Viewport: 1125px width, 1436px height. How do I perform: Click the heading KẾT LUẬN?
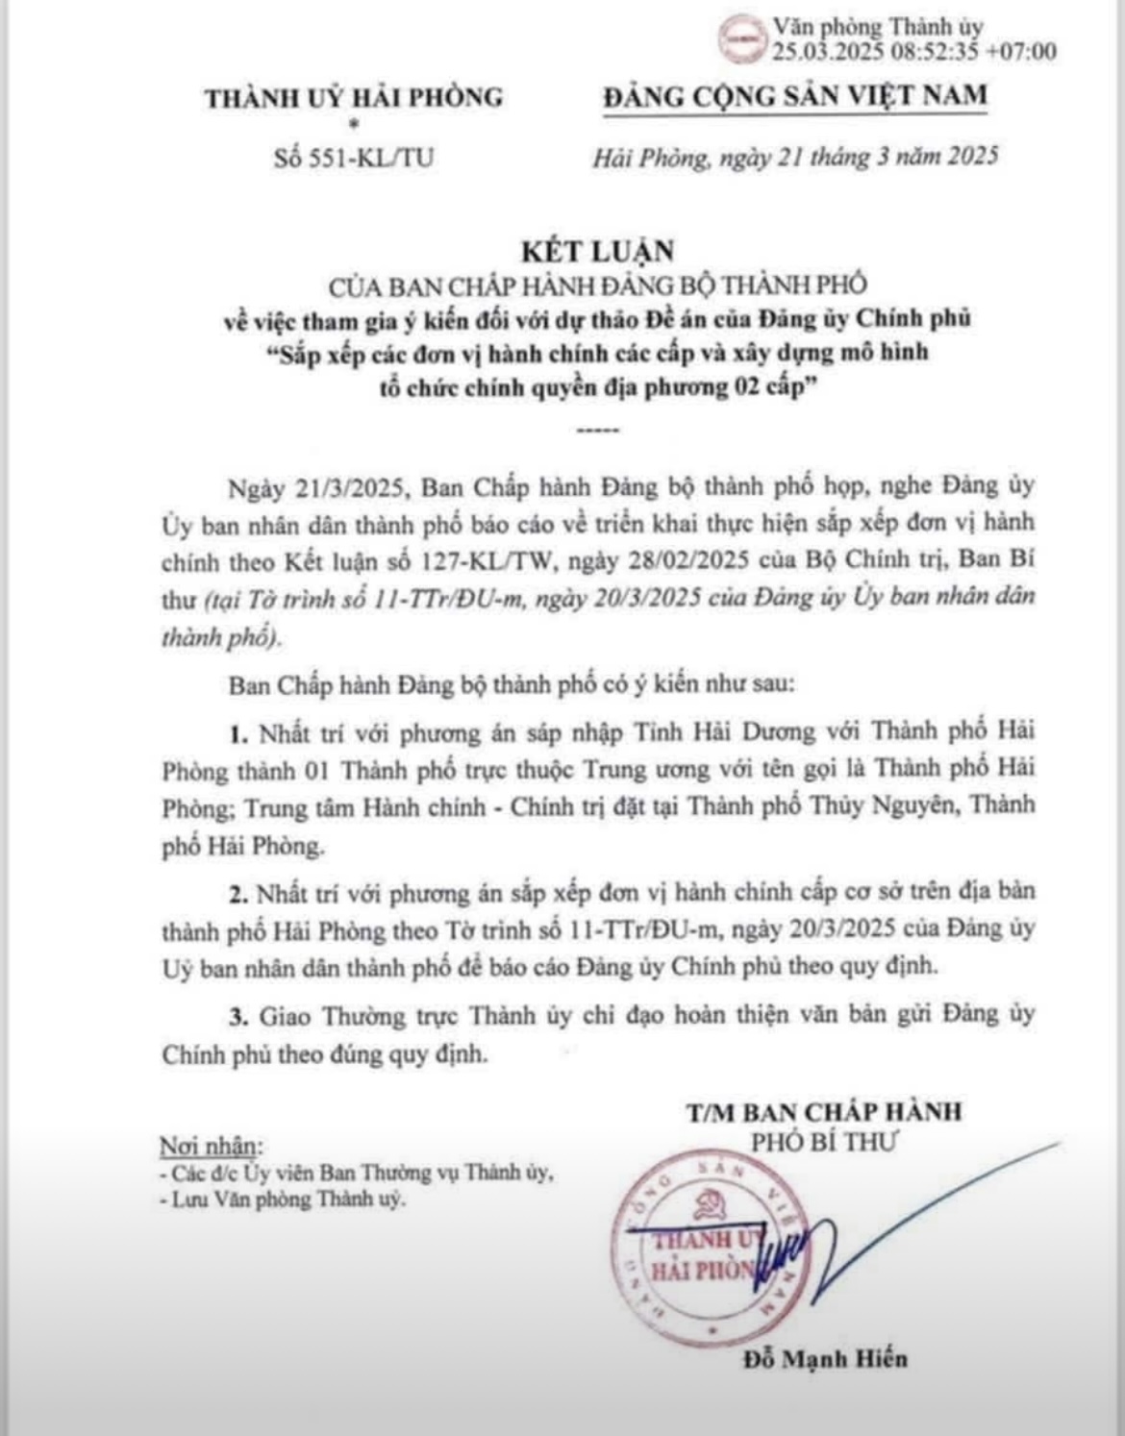pyautogui.click(x=597, y=251)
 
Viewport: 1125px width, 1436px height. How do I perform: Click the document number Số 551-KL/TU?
pyautogui.click(x=353, y=158)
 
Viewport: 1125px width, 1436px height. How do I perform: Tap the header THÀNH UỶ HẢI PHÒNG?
pyautogui.click(x=354, y=97)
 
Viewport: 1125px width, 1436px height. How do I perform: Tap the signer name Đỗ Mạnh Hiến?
pyautogui.click(x=825, y=1358)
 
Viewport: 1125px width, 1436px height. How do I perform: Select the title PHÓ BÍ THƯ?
pyautogui.click(x=823, y=1142)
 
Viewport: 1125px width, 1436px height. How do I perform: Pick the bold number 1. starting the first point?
pyautogui.click(x=238, y=735)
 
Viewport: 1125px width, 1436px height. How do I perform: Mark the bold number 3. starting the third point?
pyautogui.click(x=238, y=1016)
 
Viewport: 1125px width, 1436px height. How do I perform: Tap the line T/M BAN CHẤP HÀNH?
pyautogui.click(x=824, y=1112)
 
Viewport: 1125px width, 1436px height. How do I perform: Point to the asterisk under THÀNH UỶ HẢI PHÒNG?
pyautogui.click(x=353, y=124)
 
